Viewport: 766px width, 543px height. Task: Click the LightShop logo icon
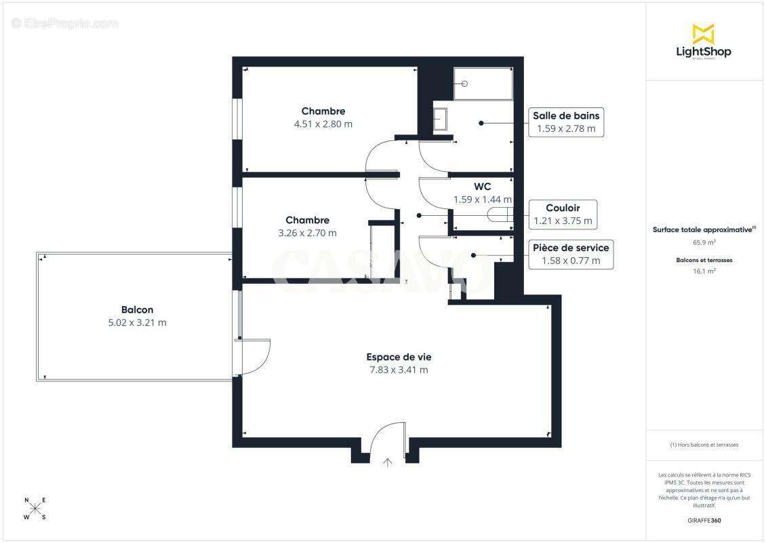click(704, 33)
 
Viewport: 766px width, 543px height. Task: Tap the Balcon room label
click(137, 310)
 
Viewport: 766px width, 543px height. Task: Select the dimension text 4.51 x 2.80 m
click(323, 124)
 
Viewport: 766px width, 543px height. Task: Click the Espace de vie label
click(399, 357)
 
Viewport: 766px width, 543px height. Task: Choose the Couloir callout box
click(562, 214)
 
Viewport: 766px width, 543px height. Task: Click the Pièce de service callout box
click(571, 254)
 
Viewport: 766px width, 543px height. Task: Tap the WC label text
click(482, 186)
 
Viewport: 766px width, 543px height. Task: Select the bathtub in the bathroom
click(483, 83)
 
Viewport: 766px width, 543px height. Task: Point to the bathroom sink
click(440, 119)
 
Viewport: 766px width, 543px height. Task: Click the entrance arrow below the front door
click(388, 463)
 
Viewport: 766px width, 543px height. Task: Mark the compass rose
click(35, 508)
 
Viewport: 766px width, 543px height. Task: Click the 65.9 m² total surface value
click(704, 242)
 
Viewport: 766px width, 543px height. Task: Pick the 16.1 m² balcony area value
click(704, 270)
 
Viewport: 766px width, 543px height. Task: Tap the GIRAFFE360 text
click(704, 520)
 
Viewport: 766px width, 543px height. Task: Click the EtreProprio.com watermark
click(64, 23)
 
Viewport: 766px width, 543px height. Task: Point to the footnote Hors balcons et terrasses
click(704, 445)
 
